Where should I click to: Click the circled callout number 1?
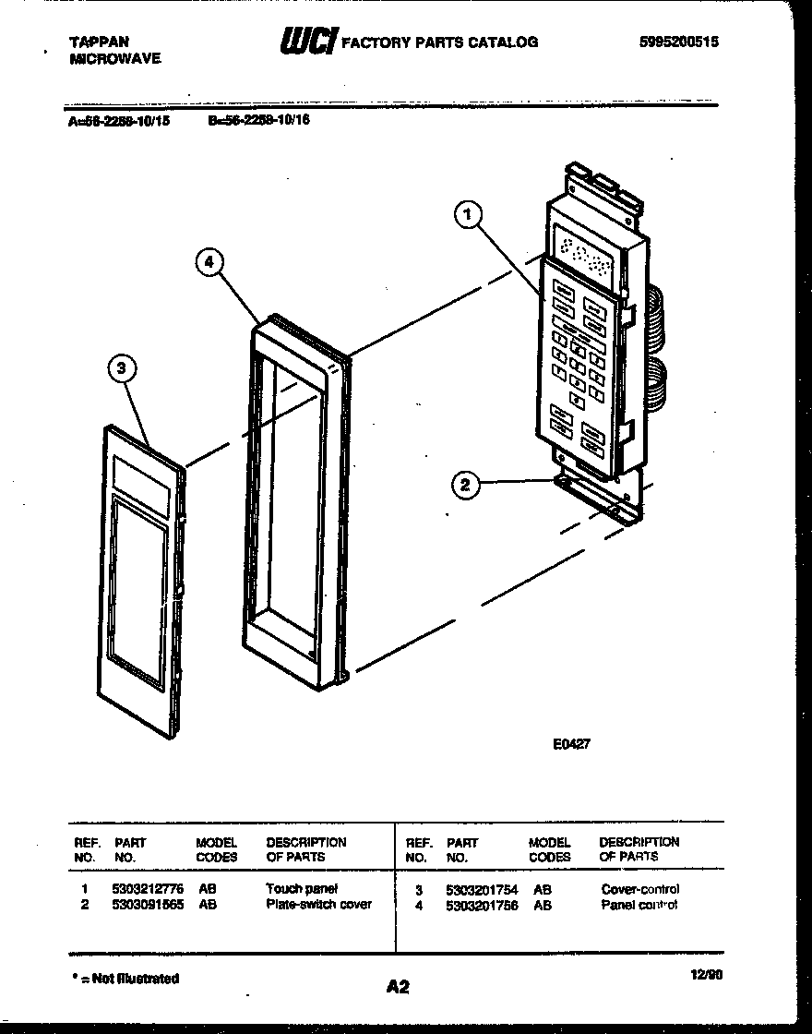(x=468, y=215)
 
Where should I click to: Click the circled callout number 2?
(x=467, y=484)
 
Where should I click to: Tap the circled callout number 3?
(x=122, y=370)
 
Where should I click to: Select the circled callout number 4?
(x=209, y=262)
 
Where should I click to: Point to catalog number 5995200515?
(x=678, y=42)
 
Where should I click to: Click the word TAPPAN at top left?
(x=99, y=42)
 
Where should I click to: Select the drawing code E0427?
(x=570, y=744)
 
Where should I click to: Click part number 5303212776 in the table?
(x=147, y=888)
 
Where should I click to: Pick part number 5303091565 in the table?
(x=147, y=905)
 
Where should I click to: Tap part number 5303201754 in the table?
(x=481, y=889)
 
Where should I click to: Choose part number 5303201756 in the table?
(x=481, y=906)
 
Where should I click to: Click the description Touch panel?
(x=302, y=888)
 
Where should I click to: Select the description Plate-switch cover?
(x=318, y=905)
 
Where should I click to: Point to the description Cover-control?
(x=639, y=889)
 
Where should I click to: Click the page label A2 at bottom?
(x=398, y=987)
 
